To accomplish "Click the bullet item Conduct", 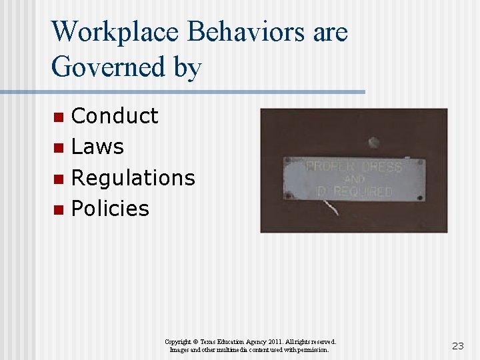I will tap(115, 116).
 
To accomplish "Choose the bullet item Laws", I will tap(97, 147).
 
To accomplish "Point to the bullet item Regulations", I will tap(133, 178).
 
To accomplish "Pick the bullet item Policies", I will tap(110, 209).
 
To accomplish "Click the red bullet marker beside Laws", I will tap(59, 147).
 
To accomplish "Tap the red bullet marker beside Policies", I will tap(59, 209).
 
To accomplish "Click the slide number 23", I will tap(457, 346).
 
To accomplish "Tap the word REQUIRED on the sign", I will tap(363, 192).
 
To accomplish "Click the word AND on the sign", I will tap(354, 179).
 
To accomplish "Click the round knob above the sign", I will tap(374, 143).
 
